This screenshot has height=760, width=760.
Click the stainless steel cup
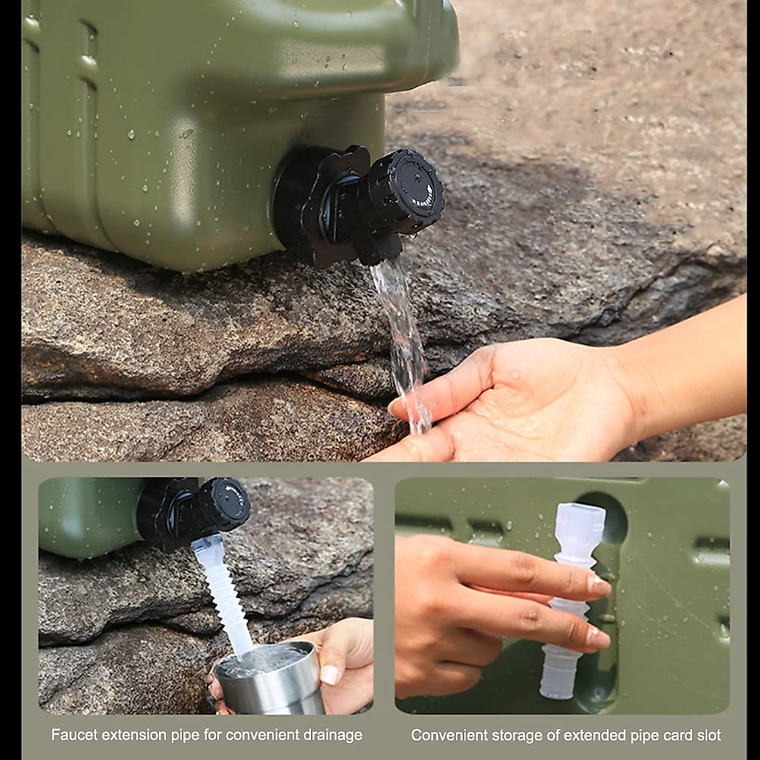pos(272,684)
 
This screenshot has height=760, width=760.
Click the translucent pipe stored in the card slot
pos(570,595)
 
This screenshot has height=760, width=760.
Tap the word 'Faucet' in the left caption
pos(72,735)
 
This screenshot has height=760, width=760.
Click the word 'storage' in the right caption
pos(510,735)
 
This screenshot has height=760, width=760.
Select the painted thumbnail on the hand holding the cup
pos(329,674)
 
